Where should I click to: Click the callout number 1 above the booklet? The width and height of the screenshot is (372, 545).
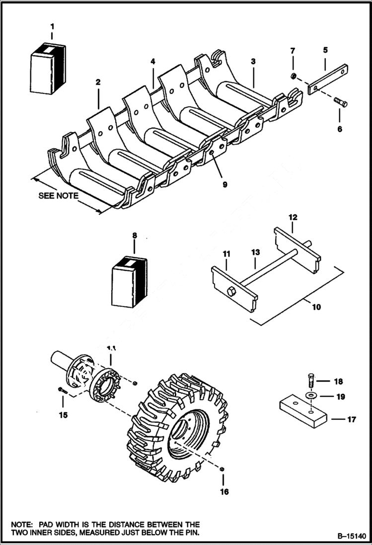(x=52, y=26)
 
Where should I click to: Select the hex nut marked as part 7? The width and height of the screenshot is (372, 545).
(x=294, y=76)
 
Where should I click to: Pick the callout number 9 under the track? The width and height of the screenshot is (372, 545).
(x=224, y=184)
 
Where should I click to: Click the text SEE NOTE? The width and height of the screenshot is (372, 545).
(x=58, y=195)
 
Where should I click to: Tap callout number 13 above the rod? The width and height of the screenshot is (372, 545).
(x=255, y=253)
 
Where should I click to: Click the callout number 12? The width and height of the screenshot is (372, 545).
(x=293, y=217)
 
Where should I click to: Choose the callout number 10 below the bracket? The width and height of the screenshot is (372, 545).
(x=316, y=307)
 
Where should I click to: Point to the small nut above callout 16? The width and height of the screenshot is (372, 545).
(x=223, y=469)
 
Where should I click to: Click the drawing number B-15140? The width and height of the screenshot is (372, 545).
(x=351, y=537)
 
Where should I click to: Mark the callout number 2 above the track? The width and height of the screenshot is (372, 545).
(x=98, y=81)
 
